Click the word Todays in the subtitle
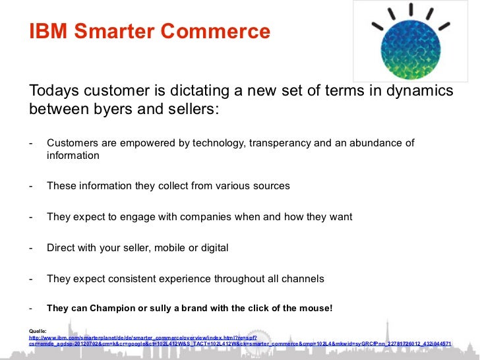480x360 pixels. (x=56, y=90)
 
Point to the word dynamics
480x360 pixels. (x=417, y=90)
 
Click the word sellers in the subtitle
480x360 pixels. (x=187, y=108)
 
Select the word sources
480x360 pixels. (x=268, y=186)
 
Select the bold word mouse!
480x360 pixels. (x=314, y=308)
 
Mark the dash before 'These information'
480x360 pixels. (x=31, y=186)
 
